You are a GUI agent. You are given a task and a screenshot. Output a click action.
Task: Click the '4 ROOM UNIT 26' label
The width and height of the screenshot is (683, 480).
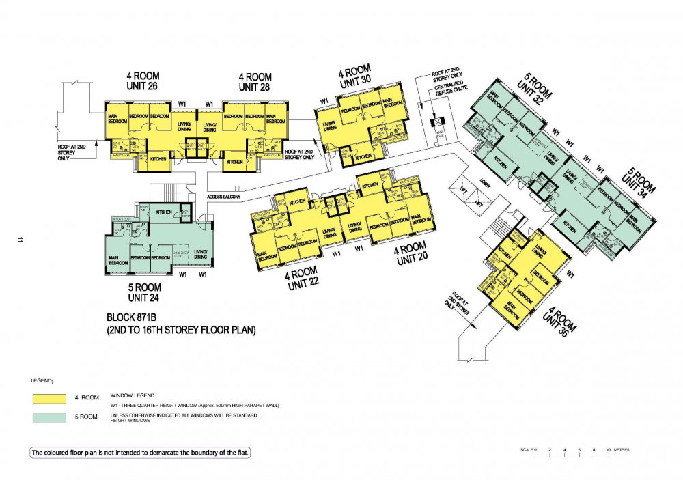[142, 82]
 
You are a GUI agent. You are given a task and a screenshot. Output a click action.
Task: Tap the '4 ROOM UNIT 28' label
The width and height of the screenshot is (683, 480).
[255, 82]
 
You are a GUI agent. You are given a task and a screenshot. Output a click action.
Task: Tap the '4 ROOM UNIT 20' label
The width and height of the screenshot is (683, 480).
[410, 253]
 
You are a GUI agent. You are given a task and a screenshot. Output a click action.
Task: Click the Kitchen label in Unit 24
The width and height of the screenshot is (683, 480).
[163, 212]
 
